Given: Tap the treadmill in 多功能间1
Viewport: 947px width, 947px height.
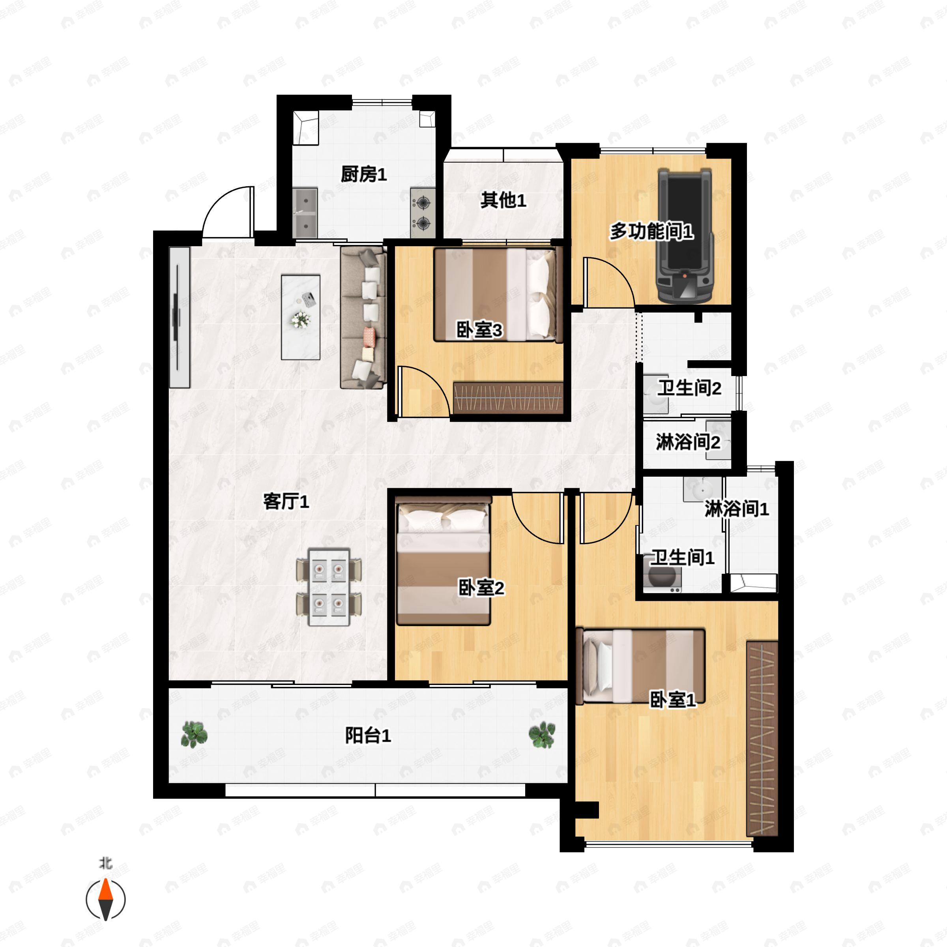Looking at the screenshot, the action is tap(684, 236).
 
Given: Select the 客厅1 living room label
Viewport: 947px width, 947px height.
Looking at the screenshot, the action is tap(286, 502).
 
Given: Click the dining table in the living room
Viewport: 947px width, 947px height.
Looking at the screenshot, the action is tap(329, 587).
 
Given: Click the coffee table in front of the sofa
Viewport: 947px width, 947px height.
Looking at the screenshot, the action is tap(300, 317).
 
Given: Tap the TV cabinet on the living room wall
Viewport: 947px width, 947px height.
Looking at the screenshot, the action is tap(180, 317).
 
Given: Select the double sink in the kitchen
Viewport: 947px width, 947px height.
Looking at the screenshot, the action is tap(305, 213).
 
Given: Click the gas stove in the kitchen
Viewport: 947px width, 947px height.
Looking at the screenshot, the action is tap(423, 213).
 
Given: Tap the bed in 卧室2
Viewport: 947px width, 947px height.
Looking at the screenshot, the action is tap(444, 561).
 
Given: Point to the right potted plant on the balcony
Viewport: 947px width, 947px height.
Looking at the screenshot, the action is tap(542, 735).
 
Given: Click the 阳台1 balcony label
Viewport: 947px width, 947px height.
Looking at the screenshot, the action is tap(368, 736).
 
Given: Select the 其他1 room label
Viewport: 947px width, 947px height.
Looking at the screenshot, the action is tap(503, 200).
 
